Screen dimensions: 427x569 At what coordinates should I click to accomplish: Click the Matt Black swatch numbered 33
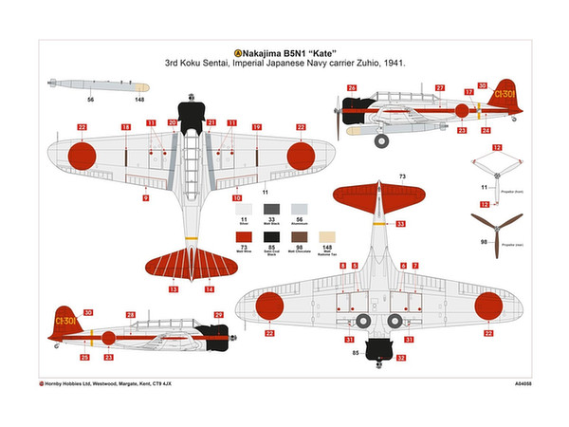[x=272, y=208]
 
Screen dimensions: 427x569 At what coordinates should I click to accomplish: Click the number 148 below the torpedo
[x=139, y=99]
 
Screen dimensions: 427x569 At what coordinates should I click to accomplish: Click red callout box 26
[x=351, y=88]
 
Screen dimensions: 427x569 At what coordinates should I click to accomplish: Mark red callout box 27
[x=440, y=88]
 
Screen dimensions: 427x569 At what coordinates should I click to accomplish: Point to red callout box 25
[x=84, y=357]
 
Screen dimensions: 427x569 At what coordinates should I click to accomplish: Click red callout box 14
[x=210, y=288]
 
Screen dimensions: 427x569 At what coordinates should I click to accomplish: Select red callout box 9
[x=145, y=198]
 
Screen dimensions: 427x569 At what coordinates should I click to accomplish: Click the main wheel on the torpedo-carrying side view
[x=381, y=141]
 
